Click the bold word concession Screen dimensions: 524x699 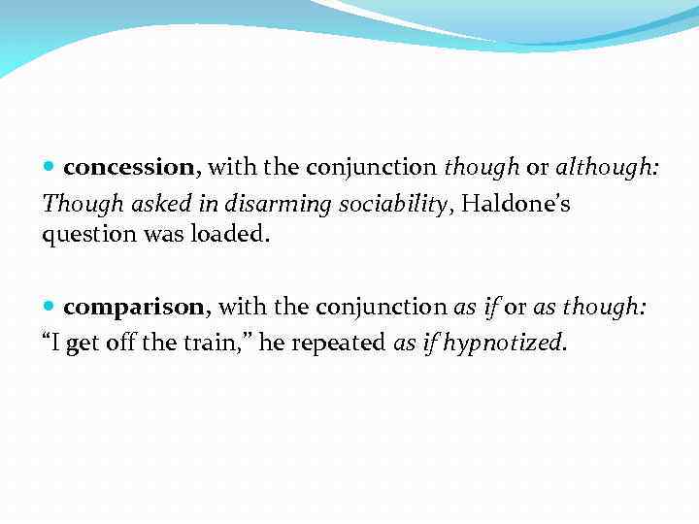click(129, 167)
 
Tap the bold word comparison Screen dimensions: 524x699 click(134, 307)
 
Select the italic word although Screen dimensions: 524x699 click(607, 167)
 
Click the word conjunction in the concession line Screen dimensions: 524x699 click(374, 167)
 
